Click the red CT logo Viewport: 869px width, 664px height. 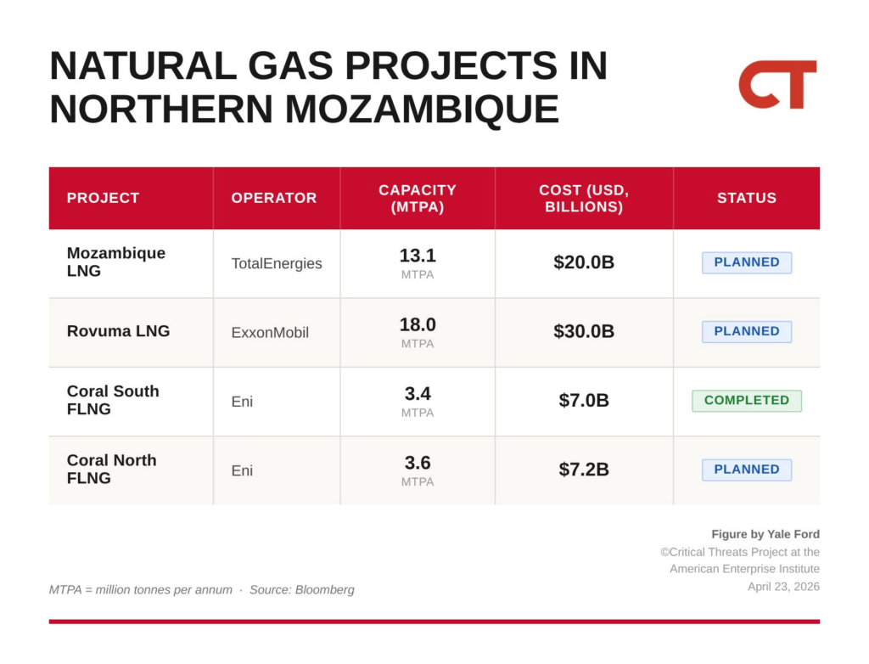[x=777, y=84]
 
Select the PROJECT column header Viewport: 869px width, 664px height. [x=103, y=198]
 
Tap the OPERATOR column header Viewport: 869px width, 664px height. [x=274, y=198]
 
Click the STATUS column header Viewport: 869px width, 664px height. [x=747, y=198]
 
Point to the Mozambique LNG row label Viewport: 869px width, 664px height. [x=115, y=262]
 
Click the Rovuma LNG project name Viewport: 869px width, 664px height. [x=118, y=331]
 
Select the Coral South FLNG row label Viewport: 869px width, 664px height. [x=113, y=400]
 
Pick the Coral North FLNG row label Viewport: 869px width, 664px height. [x=111, y=470]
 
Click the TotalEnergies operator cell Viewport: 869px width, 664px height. [x=277, y=263]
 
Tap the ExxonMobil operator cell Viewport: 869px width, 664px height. [x=270, y=332]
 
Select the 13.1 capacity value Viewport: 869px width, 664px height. [x=418, y=256]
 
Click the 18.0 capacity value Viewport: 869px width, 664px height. [x=418, y=324]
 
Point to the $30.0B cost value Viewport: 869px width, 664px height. [x=584, y=331]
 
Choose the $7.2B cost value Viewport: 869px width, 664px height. [x=584, y=470]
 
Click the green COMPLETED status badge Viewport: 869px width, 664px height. [x=747, y=401]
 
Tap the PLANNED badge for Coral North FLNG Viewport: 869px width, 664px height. [x=747, y=470]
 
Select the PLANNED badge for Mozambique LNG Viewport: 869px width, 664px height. [x=747, y=262]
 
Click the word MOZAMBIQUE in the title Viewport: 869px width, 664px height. [x=422, y=109]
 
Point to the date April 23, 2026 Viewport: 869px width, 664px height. [x=783, y=587]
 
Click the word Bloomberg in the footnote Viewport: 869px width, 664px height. [x=324, y=589]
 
